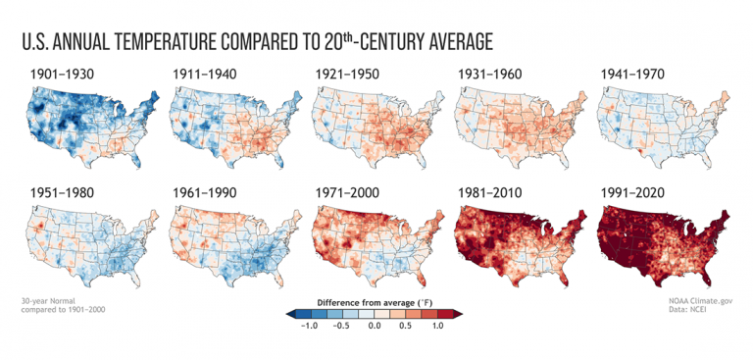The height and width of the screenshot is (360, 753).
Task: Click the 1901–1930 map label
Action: coord(60,74)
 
